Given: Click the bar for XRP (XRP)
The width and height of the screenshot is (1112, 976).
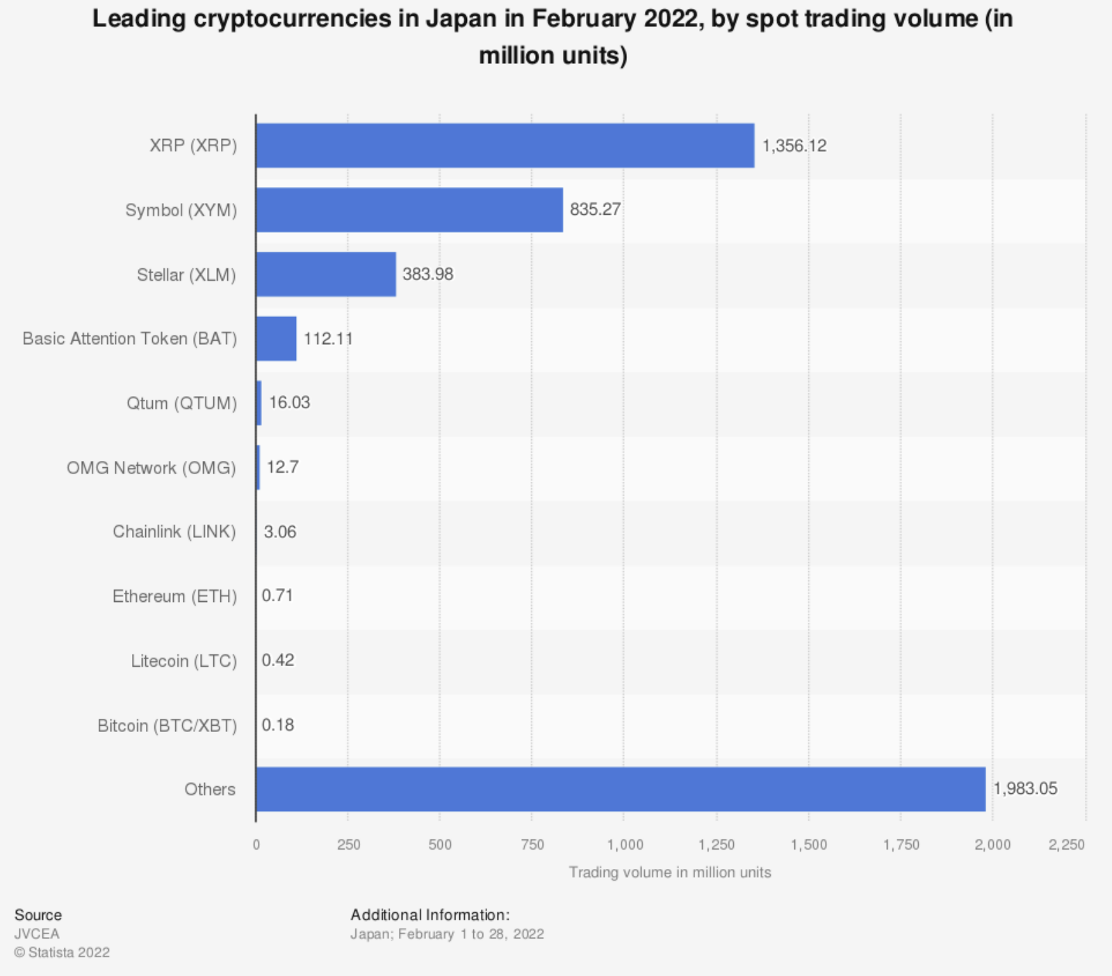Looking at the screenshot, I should pyautogui.click(x=505, y=145).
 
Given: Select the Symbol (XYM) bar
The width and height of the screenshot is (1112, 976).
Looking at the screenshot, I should pyautogui.click(x=409, y=209).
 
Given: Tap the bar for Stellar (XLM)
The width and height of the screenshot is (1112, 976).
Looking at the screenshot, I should pyautogui.click(x=326, y=274).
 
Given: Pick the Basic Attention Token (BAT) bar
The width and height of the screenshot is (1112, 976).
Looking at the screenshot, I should pyautogui.click(x=276, y=339).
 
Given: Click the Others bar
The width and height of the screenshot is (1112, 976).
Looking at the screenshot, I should pyautogui.click(x=621, y=789).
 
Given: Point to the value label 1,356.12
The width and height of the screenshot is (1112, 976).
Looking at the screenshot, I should pyautogui.click(x=794, y=146).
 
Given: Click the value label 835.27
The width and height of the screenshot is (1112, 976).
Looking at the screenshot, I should pyautogui.click(x=596, y=209).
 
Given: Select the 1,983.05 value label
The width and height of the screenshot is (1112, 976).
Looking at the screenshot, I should pyautogui.click(x=1025, y=789).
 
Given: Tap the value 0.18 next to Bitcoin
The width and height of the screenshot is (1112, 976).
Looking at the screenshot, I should pyautogui.click(x=278, y=725).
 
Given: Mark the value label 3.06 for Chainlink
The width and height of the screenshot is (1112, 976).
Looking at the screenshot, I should pyautogui.click(x=280, y=532).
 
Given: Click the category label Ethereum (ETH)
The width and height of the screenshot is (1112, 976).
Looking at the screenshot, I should pyautogui.click(x=174, y=596).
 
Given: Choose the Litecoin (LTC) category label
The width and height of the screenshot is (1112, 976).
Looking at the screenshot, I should pyautogui.click(x=183, y=661).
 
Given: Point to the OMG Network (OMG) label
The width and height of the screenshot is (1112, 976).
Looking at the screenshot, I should pyautogui.click(x=152, y=468).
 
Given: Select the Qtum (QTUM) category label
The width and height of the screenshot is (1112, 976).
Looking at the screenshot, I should pyautogui.click(x=181, y=403).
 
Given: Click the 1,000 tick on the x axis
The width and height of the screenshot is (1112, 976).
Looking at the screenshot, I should pyautogui.click(x=625, y=845).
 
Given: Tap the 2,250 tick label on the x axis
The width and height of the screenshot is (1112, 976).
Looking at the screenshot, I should pyautogui.click(x=1066, y=845).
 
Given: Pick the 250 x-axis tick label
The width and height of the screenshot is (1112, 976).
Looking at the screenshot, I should pyautogui.click(x=348, y=845).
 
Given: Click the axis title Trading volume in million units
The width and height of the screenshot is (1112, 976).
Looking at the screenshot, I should pyautogui.click(x=670, y=872).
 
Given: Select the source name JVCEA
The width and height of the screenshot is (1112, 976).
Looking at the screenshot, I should pyautogui.click(x=37, y=934).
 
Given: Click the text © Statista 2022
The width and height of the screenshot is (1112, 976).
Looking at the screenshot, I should pyautogui.click(x=62, y=952).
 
